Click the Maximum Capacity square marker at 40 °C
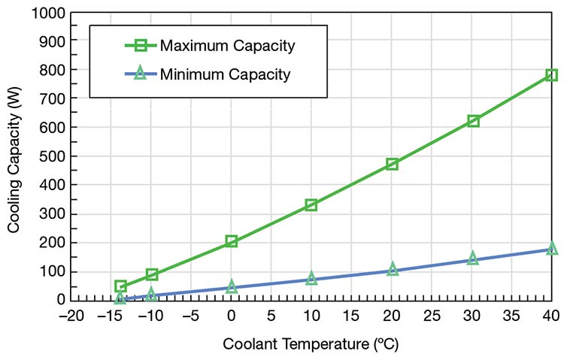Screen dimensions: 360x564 [x=551, y=75]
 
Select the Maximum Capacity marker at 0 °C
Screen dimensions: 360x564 [x=232, y=241]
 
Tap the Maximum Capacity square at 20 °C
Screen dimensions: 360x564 [x=392, y=164]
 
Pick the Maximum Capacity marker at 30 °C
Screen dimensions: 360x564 [x=473, y=120]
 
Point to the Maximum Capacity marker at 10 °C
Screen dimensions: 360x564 [x=311, y=204]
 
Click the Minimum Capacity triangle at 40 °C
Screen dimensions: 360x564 [x=552, y=248]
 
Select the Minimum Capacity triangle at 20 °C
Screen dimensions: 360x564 [x=392, y=268]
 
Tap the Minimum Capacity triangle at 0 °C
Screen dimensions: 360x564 [x=232, y=286]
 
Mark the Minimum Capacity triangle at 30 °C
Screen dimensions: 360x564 [x=473, y=258]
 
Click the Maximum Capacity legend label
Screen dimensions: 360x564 [x=227, y=47]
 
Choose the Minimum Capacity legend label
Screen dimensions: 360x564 [x=225, y=74]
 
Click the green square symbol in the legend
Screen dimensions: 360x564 [x=141, y=47]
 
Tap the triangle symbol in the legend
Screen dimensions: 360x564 [x=141, y=74]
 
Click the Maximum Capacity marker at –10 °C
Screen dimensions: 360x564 [x=152, y=274]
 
